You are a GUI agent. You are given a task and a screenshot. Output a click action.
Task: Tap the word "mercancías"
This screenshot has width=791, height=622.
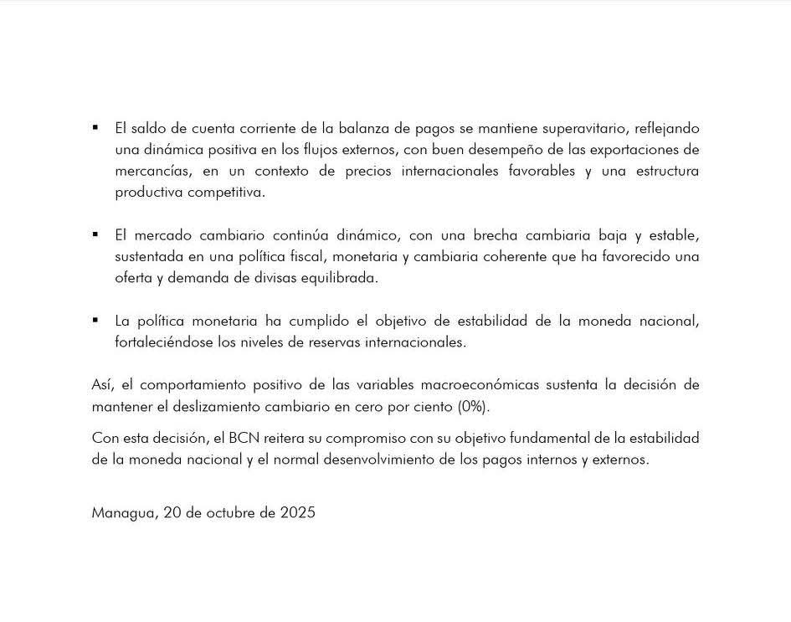(x=150, y=171)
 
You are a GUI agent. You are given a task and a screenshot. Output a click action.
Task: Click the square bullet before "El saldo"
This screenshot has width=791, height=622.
(x=95, y=128)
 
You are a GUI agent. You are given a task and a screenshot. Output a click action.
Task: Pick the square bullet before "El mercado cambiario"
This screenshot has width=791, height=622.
(x=95, y=234)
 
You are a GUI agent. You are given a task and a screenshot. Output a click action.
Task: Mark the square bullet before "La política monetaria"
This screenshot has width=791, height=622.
(x=95, y=320)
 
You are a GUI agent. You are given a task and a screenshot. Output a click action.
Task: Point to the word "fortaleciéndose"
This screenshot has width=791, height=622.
(x=165, y=342)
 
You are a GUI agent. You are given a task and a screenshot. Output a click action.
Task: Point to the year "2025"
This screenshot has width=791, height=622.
(x=298, y=512)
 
